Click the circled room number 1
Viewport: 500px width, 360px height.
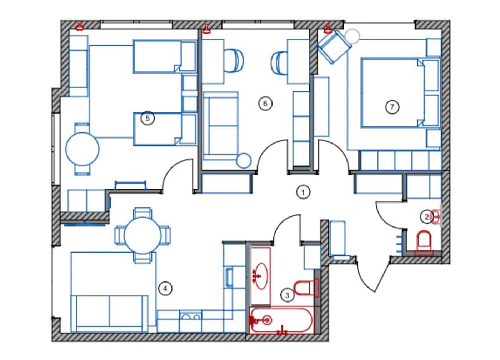point(303,192)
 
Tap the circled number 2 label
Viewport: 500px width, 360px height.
point(426,217)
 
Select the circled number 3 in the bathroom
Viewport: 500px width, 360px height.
point(287,295)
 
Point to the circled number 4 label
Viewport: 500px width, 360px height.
point(165,289)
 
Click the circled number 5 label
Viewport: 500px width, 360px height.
point(147,118)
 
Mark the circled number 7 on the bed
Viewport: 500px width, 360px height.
point(392,107)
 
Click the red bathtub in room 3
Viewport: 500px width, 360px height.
point(281,320)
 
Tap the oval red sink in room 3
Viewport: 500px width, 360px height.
point(261,276)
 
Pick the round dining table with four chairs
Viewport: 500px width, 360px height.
point(142,235)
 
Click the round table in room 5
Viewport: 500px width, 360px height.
point(82,149)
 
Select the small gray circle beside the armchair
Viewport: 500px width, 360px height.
point(352,36)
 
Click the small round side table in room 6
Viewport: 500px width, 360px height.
point(244,161)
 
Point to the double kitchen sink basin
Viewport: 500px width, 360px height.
point(190,317)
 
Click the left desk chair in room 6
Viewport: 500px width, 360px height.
point(233,60)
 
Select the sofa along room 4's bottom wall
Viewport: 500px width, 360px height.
point(109,314)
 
